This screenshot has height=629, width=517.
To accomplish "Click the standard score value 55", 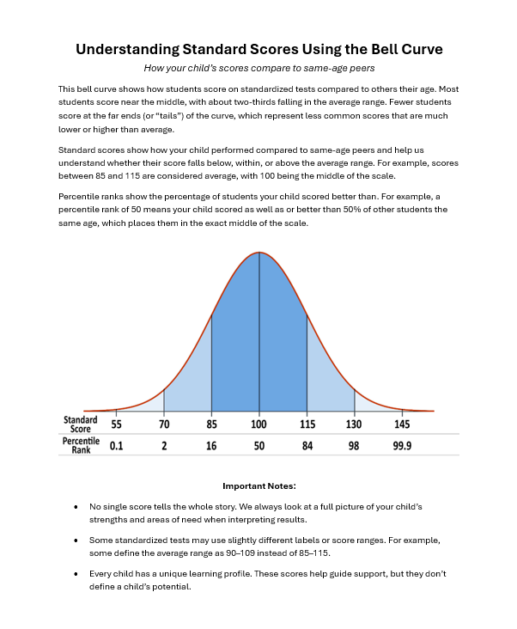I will tap(116, 424).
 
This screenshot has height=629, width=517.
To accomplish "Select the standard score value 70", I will tap(163, 424).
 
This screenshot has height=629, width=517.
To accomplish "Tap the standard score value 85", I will tap(211, 424).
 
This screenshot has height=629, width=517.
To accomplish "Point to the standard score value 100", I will tap(258, 424).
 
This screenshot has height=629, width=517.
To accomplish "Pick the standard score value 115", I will tap(307, 424).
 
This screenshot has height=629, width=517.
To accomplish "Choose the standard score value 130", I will tap(354, 424).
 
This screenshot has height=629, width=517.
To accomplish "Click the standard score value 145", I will tap(402, 424).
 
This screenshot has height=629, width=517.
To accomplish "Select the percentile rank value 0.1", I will tap(116, 446).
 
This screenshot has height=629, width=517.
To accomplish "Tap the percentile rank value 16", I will tap(211, 446).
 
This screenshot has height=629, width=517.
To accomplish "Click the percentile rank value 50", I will tap(258, 446).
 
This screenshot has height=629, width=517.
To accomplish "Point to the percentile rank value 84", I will tap(307, 446).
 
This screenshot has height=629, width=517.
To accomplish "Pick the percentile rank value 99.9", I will tap(402, 446).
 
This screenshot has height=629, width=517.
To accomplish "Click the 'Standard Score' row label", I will tap(80, 424).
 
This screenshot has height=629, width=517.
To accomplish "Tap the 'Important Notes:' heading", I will tap(258, 485).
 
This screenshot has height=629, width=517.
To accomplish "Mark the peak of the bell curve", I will tap(258, 253).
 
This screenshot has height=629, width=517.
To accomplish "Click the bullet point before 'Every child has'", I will tap(76, 573).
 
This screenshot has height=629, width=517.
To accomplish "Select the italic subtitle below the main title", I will tap(258, 68).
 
